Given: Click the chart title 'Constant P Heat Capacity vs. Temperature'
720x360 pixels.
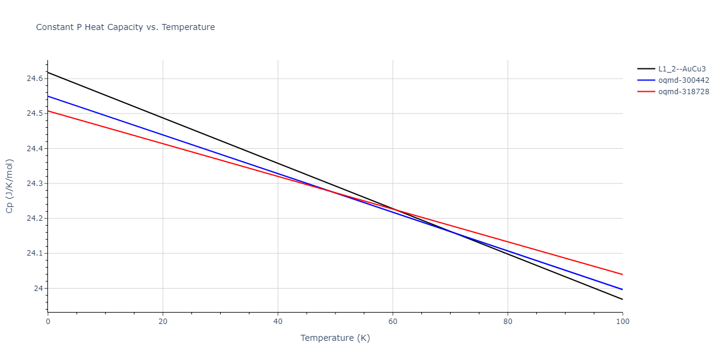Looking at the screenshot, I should pyautogui.click(x=125, y=27).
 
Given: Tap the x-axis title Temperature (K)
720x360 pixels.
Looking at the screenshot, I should pyautogui.click(x=335, y=338).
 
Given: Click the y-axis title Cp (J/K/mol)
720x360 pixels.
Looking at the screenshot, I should pyautogui.click(x=10, y=186).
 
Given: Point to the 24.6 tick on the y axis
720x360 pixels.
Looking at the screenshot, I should pyautogui.click(x=34, y=79).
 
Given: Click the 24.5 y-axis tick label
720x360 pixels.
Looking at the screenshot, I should pyautogui.click(x=34, y=113).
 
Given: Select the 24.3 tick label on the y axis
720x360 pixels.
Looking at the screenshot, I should pyautogui.click(x=34, y=184).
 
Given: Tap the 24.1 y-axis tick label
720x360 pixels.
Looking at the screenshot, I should pyautogui.click(x=34, y=253).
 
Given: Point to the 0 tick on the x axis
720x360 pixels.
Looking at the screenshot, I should pyautogui.click(x=48, y=322).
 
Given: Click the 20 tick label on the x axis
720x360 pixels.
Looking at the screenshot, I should pyautogui.click(x=163, y=322).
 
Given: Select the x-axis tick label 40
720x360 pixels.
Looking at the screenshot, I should pyautogui.click(x=278, y=322).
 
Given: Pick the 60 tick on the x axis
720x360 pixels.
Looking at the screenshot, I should pyautogui.click(x=393, y=322).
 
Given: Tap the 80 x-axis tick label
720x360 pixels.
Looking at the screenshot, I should pyautogui.click(x=508, y=322).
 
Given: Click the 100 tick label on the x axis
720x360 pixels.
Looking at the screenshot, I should pyautogui.click(x=622, y=322).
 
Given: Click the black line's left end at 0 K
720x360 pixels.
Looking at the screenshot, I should pyautogui.click(x=48, y=72).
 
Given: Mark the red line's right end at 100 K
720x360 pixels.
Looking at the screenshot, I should pyautogui.click(x=622, y=274).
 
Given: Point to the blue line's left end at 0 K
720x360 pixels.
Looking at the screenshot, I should pyautogui.click(x=48, y=96).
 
